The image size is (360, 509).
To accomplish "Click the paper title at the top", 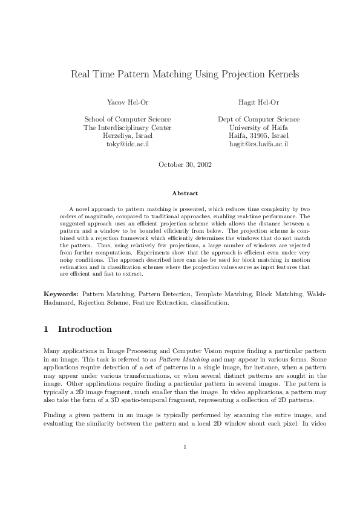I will [185, 75].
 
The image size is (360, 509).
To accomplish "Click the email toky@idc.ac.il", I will [127, 145].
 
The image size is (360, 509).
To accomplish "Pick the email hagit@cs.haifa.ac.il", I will [258, 145].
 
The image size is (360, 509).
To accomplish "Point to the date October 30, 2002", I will [185, 164].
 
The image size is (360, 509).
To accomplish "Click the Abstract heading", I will [185, 193].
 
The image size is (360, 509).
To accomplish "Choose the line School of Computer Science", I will [127, 120].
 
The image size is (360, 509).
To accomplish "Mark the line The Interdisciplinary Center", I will [127, 128].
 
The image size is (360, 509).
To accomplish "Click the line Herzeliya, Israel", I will [127, 137].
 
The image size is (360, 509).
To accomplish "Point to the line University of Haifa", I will [258, 128].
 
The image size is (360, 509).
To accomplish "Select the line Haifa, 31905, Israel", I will [258, 137].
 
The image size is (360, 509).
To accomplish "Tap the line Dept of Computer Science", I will [258, 120].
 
